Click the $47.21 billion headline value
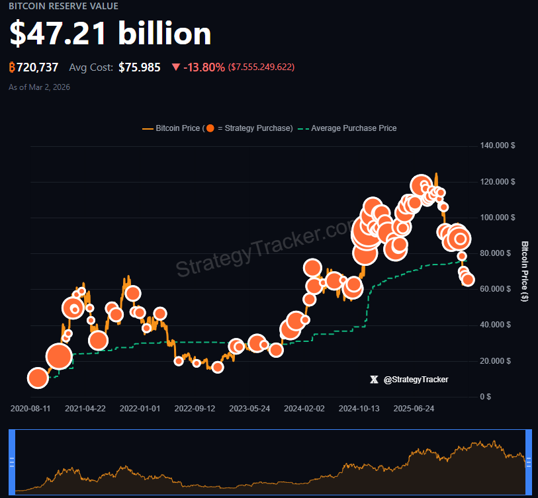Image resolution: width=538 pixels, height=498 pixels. point(110,34)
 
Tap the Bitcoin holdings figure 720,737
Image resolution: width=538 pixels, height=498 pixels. point(38,67)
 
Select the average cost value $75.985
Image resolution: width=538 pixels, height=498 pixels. point(139,67)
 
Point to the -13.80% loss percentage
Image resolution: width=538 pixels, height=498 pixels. point(204,67)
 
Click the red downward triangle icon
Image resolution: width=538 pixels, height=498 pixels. point(175,67)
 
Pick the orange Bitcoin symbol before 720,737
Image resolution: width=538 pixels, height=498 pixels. point(12,67)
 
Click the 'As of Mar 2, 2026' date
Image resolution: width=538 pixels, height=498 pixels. point(39,87)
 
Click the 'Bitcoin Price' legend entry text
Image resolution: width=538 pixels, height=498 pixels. point(177,128)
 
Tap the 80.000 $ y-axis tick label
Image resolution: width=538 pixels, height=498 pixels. point(498,253)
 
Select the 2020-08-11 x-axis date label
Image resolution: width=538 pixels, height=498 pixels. point(30,409)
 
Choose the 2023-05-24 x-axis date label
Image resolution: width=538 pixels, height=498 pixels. point(249,409)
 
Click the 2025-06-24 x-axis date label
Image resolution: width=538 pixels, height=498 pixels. point(414,409)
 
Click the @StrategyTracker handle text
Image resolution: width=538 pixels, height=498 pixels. point(416,380)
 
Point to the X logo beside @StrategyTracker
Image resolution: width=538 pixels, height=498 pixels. point(375,380)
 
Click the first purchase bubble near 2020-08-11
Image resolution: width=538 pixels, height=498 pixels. point(38,378)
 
